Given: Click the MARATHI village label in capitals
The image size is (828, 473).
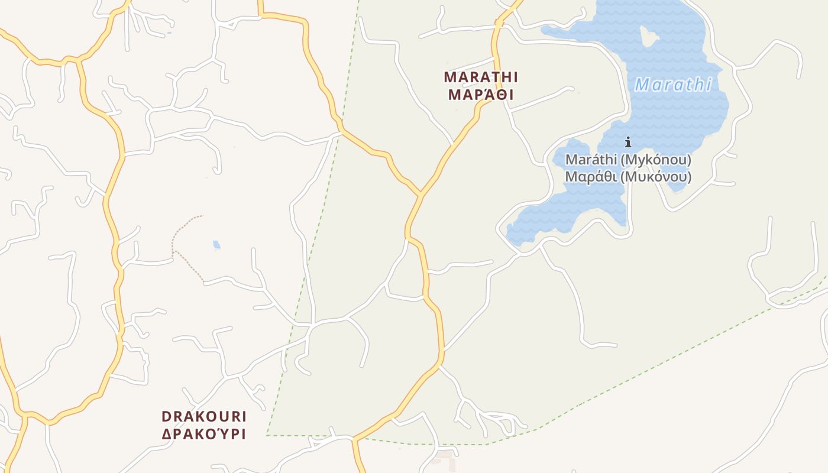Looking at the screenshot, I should point(481,77).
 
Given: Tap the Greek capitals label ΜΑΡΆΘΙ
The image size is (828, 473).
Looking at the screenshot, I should point(481,95).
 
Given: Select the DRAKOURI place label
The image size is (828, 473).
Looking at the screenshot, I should point(204,416).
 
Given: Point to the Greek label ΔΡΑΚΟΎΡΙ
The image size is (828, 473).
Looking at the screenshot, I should point(204,433).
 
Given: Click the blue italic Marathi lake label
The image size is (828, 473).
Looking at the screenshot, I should point(673,85).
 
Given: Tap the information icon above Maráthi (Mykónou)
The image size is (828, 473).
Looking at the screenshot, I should point(628,142).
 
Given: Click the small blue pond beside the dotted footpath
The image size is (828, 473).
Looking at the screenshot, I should point(216,245).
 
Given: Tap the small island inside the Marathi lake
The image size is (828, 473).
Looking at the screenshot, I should point(649,37).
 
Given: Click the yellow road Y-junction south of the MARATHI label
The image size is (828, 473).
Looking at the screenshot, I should point(421,193).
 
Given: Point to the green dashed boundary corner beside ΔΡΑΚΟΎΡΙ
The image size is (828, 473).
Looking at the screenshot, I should point(268,435).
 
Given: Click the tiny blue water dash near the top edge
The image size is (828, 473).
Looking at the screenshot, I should point(169,33).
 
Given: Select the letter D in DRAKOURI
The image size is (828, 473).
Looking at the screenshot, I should point(166,416).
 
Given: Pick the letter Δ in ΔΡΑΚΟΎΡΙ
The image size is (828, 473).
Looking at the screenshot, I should point(167,433).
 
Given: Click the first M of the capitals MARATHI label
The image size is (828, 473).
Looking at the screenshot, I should point(449,77).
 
